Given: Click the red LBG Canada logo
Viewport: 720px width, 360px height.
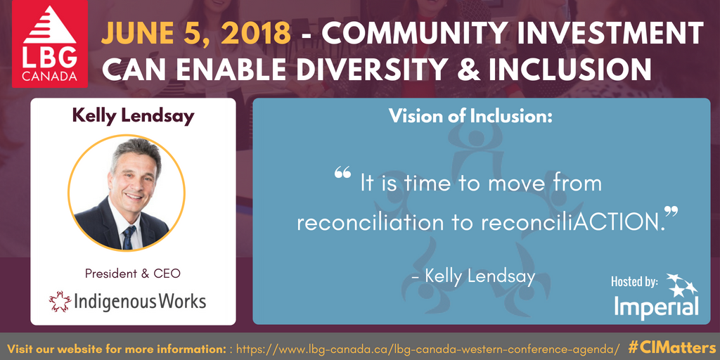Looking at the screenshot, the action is (50, 44).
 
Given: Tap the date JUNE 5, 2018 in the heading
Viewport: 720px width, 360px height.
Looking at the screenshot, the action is (196, 34).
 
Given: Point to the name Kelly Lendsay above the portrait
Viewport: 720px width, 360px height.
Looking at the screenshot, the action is (133, 116).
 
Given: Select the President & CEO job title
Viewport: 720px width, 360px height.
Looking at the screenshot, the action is (133, 274).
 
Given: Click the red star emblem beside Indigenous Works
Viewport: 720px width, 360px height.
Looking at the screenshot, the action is (60, 301).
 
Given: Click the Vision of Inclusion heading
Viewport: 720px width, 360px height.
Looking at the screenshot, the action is (470, 116).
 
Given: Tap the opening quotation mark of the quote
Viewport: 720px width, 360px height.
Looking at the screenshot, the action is (342, 172).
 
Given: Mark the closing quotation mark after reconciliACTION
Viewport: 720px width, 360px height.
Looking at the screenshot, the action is (671, 212).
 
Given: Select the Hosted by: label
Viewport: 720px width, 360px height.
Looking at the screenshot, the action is (634, 281).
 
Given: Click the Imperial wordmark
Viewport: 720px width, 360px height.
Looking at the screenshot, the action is (657, 306).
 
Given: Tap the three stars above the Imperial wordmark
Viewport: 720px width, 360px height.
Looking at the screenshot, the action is (682, 285).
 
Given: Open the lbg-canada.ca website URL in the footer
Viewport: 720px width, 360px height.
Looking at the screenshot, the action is (428, 348).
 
